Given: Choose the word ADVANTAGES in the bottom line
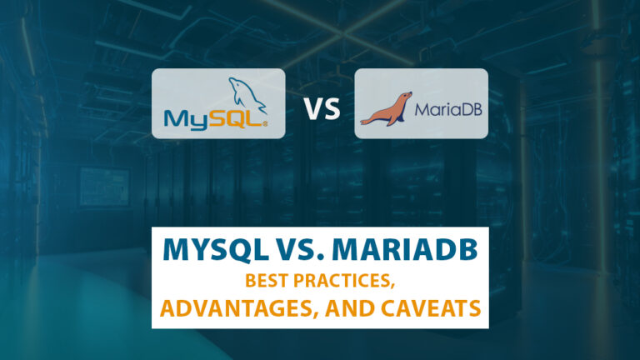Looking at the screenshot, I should click(221, 307).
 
